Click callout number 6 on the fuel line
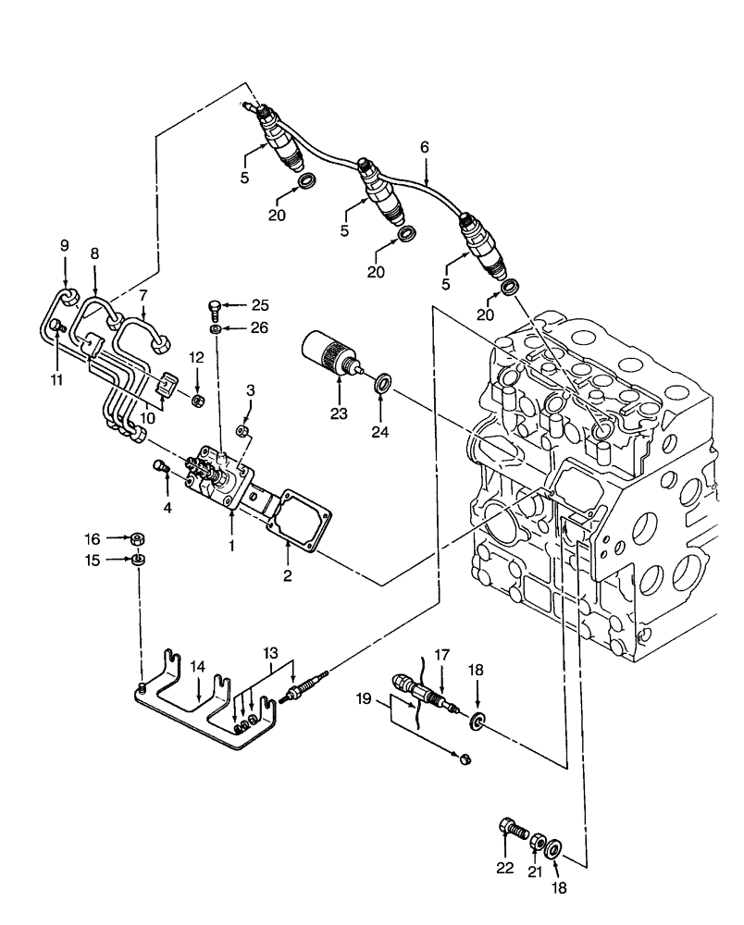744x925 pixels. click(x=425, y=147)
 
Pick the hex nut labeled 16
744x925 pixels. click(x=137, y=537)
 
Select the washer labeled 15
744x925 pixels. click(x=137, y=560)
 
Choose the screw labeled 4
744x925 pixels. click(x=159, y=468)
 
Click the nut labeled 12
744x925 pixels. click(x=197, y=400)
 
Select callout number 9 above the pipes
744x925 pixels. click(x=65, y=245)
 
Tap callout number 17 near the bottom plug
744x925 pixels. click(x=442, y=654)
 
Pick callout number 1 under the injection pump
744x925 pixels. click(x=231, y=547)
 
